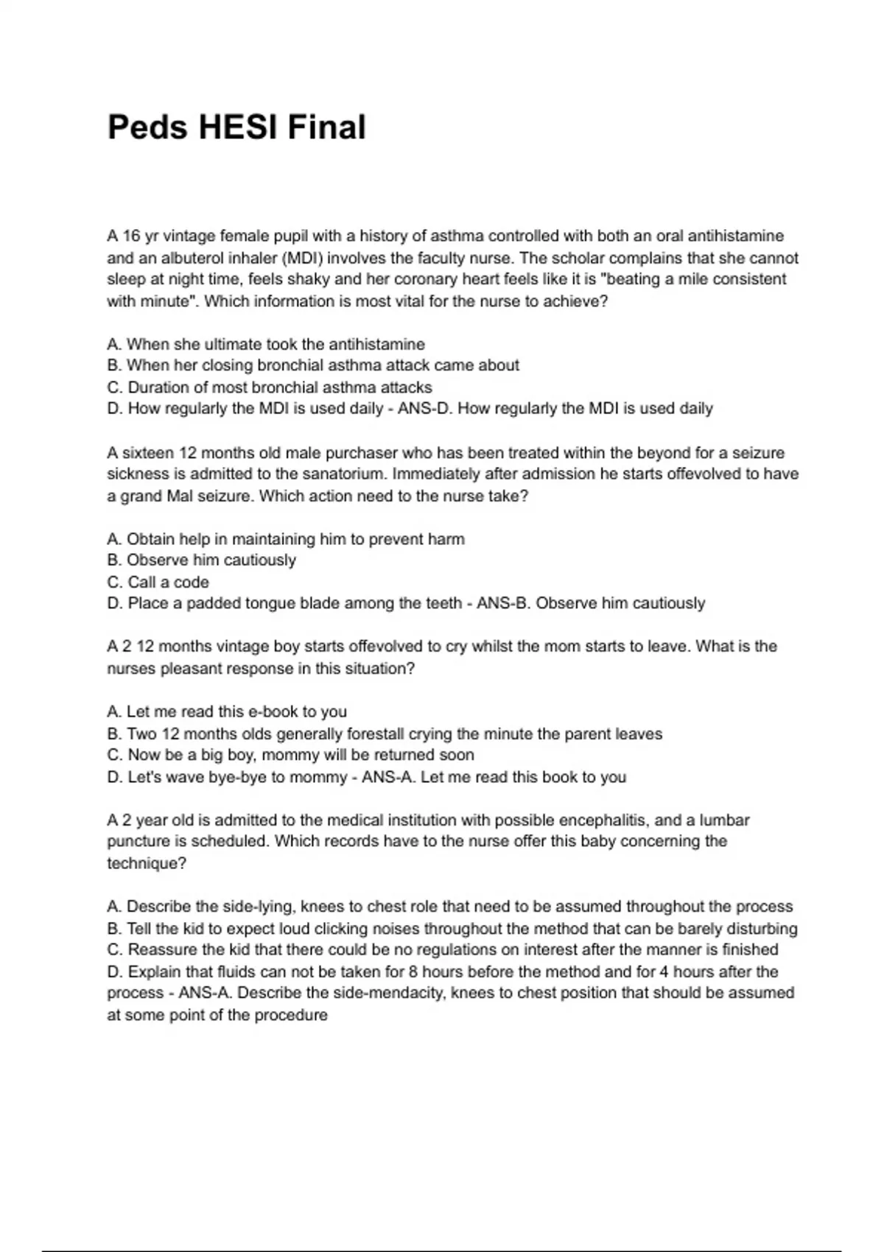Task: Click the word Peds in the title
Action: coord(148,127)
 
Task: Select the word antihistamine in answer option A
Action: coord(376,344)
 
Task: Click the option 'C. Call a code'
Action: coord(158,582)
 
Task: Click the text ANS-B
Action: coord(504,603)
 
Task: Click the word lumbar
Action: coord(724,820)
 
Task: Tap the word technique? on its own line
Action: coord(147,863)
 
